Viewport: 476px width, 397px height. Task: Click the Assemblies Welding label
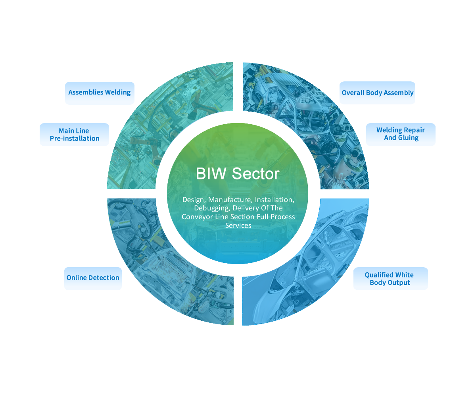(99, 93)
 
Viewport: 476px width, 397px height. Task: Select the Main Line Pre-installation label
(74, 135)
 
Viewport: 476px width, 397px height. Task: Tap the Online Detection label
(93, 278)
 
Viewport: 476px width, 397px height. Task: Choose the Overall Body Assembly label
(377, 93)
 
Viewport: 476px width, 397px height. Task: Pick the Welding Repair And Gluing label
(400, 134)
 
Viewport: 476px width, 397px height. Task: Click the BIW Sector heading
(238, 173)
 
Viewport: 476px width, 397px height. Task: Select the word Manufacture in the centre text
(230, 199)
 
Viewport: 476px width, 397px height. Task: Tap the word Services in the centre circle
(238, 225)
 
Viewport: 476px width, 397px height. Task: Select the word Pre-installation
(75, 139)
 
